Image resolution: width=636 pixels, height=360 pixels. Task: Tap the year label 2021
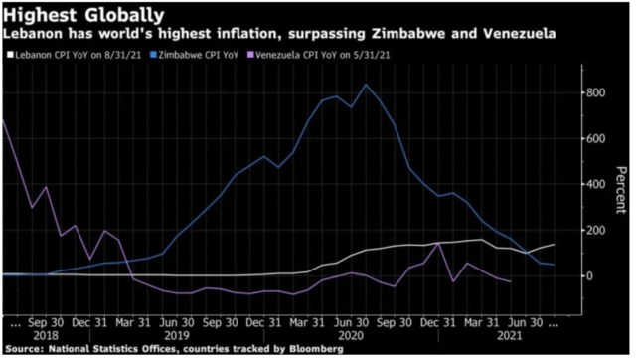pos(508,336)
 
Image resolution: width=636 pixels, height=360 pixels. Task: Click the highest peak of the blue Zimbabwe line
pos(367,86)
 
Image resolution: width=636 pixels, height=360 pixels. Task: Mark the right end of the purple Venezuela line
pos(510,281)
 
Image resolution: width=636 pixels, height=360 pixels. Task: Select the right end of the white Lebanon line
pos(553,244)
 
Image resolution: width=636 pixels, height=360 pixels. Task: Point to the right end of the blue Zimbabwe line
pos(553,265)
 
